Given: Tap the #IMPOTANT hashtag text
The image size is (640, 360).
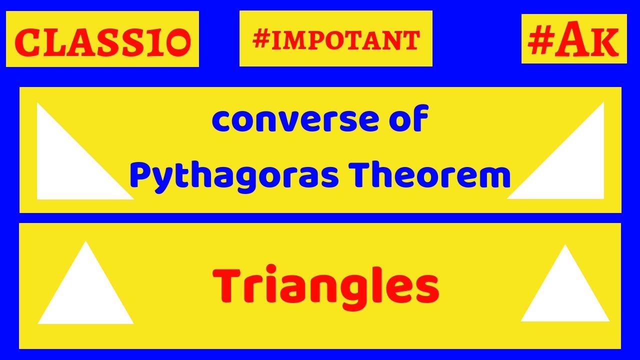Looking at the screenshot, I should point(336,40).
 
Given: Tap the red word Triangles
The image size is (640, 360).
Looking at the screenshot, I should point(326,286).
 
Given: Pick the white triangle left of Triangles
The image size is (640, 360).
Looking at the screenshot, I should point(85,295).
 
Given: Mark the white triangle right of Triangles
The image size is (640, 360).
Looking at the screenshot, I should point(565,295).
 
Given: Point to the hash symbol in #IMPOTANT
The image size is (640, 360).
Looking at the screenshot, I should point(261,40).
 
